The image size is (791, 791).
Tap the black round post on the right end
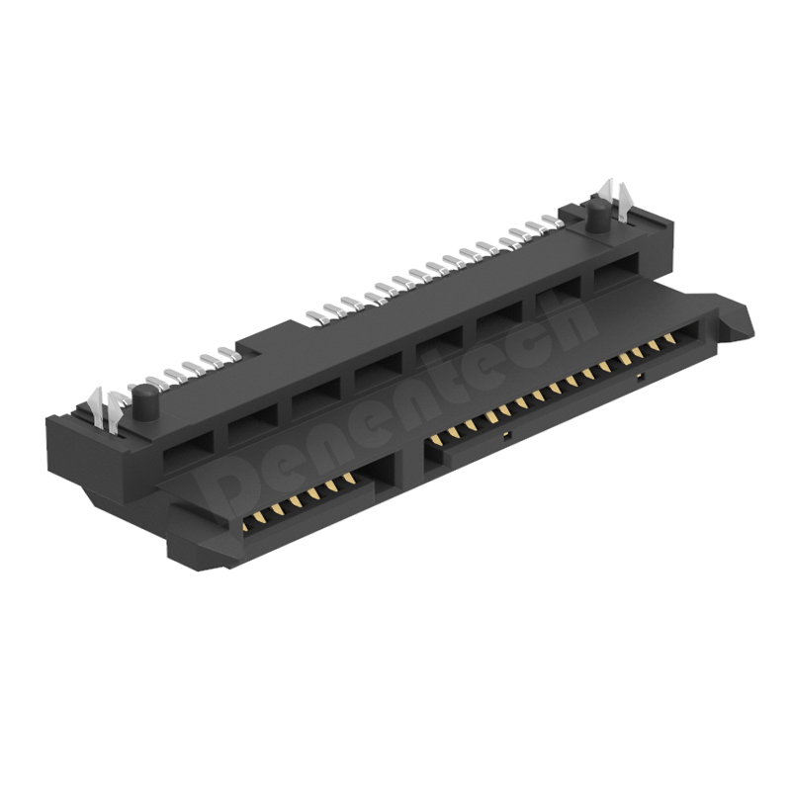point(598,220)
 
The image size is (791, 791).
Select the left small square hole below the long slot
point(507,434)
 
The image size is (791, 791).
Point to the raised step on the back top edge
point(252,343)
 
